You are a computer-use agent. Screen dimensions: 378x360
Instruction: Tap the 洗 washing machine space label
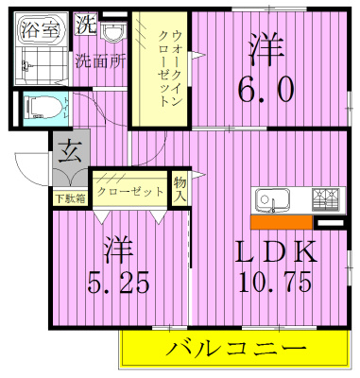tap(84, 21)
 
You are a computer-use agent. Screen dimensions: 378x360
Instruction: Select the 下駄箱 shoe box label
tap(67, 197)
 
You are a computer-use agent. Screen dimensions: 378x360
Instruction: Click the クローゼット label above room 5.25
tap(130, 190)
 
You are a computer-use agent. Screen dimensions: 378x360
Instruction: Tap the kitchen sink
tap(272, 201)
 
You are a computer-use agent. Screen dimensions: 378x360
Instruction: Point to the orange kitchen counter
tap(282, 223)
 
